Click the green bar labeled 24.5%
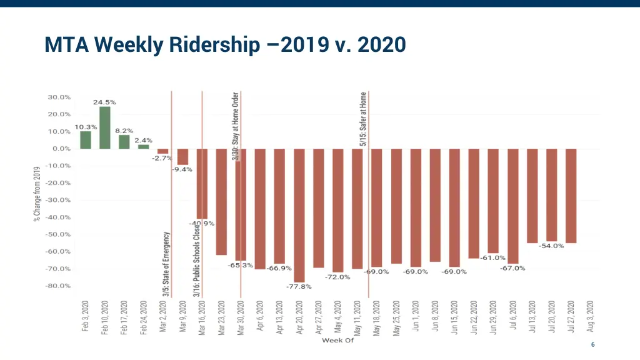coord(104,127)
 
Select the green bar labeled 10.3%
coord(86,140)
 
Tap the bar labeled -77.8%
coord(299,216)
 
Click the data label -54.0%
coord(551,246)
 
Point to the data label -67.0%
coord(512,268)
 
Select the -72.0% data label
coord(337,277)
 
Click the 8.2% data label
coord(124,131)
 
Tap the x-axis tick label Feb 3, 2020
coord(86,316)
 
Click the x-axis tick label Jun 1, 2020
coord(416,316)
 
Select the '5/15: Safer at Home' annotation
coord(363,119)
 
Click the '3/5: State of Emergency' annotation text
coord(166,264)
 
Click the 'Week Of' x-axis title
coord(337,341)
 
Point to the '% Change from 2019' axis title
coord(37,193)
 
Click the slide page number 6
coord(592,345)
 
